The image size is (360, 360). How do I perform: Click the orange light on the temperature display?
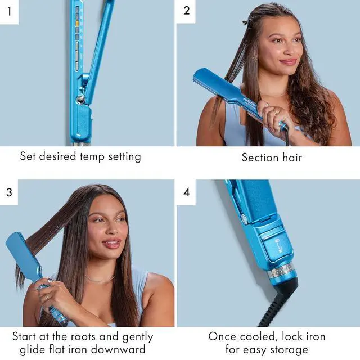(77, 24)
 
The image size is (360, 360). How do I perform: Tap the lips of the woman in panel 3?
(112, 244)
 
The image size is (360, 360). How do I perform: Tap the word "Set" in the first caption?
(29, 156)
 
